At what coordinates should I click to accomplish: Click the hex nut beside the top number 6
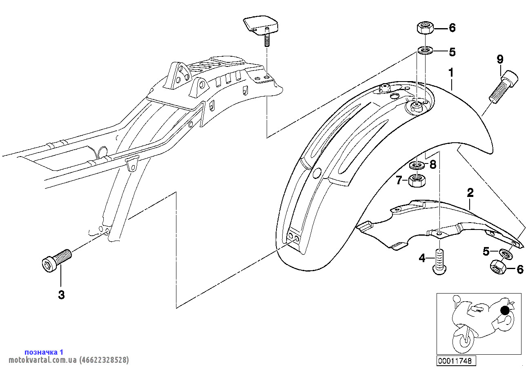(425, 28)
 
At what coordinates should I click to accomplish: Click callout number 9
(500, 60)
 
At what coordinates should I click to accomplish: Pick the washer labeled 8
(416, 165)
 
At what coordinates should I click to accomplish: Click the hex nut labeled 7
(416, 180)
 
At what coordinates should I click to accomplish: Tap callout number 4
(422, 258)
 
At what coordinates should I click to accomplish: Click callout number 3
(61, 295)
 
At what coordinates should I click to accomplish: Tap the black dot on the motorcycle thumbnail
(505, 310)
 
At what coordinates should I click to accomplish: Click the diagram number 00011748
(455, 361)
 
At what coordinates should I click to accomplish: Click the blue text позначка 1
(44, 352)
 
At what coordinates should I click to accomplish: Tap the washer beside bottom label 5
(505, 254)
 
